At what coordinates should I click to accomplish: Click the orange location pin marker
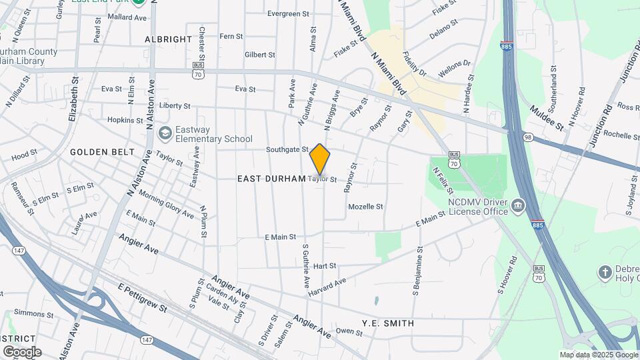point(320,159)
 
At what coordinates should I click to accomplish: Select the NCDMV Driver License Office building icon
point(518,207)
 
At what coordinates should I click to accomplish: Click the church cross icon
point(605,272)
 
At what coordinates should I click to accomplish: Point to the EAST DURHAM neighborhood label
point(271,179)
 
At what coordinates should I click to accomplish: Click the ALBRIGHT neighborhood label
point(169,39)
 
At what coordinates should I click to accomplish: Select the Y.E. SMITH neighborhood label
point(388,323)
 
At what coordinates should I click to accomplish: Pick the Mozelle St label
point(365,207)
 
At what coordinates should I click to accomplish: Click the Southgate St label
point(287,150)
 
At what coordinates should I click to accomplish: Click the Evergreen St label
point(288,13)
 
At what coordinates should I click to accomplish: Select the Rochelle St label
point(621,135)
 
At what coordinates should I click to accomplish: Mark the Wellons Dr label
point(455,69)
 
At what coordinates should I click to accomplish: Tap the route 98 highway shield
point(529,137)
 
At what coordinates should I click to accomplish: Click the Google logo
point(22,351)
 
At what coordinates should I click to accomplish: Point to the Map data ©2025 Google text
point(598,355)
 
